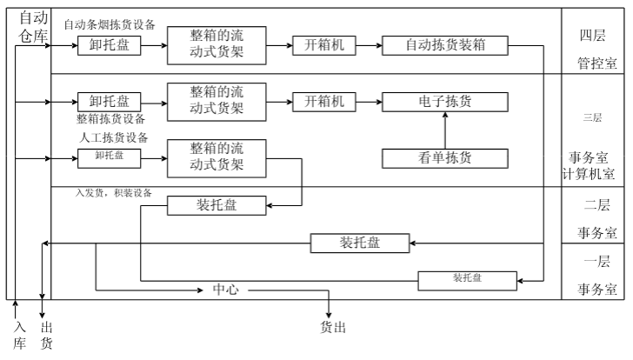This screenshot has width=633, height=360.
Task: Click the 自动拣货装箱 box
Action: click(444, 45)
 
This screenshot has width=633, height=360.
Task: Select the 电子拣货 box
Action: click(444, 101)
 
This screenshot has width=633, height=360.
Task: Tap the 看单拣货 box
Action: click(444, 157)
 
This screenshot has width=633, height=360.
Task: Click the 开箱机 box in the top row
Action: click(318, 45)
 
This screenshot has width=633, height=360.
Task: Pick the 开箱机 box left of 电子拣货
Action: click(318, 101)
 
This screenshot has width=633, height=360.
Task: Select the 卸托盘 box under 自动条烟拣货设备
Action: click(109, 45)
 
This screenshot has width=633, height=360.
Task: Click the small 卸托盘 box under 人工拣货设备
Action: click(109, 157)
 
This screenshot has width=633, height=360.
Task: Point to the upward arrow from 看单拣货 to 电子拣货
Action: click(444, 130)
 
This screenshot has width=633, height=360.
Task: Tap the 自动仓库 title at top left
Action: click(33, 25)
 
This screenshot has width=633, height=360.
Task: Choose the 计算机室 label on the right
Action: click(595, 174)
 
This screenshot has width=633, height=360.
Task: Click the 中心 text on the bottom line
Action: click(225, 290)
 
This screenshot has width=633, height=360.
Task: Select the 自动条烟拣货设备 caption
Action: click(110, 24)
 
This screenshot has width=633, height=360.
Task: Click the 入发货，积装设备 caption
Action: click(114, 192)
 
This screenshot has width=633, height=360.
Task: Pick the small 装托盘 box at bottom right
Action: click(467, 280)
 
